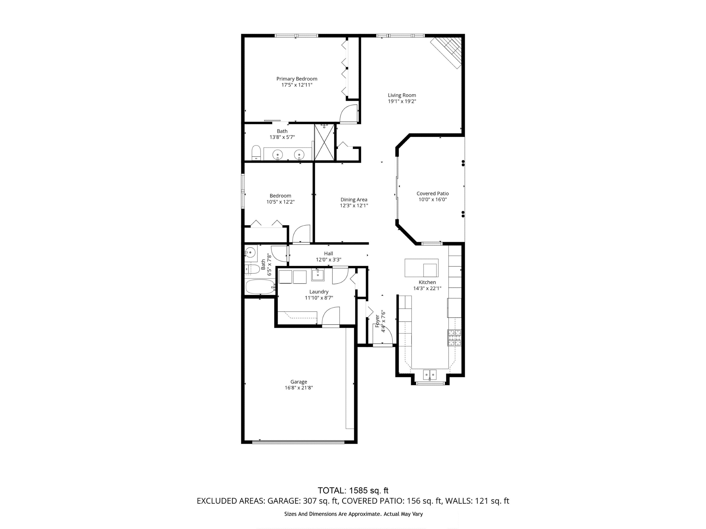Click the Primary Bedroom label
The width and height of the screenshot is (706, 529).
pos(297,79)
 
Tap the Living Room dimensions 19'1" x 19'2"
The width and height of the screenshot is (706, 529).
pos(402,101)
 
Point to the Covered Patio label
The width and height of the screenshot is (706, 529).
pos(433,193)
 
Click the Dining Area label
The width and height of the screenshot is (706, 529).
pos(354,200)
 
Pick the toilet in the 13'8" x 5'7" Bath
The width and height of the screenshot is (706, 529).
pos(256,153)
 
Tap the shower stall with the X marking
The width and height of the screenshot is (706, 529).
pos(324,142)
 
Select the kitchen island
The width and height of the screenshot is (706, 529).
pos(421,268)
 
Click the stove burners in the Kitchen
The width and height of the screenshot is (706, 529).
pos(454,338)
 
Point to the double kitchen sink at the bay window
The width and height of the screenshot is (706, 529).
pos(429,374)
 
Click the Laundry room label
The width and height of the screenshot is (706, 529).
pos(319,292)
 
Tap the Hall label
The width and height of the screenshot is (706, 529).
pos(329,253)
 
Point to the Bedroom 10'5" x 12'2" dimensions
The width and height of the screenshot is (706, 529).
pos(280,202)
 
